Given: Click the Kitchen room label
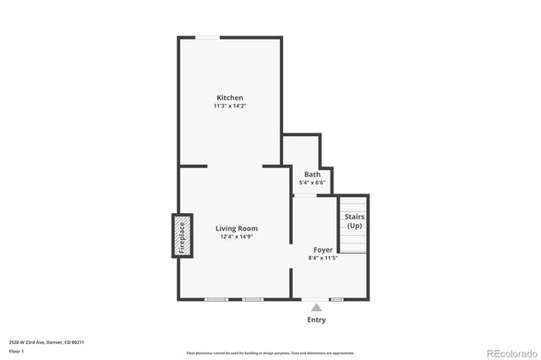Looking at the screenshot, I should click(230, 98).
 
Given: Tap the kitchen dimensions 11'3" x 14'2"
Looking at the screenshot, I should click(230, 106).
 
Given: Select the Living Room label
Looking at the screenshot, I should click(236, 228).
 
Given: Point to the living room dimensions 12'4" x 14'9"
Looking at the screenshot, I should click(236, 237).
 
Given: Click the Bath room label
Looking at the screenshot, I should click(312, 175).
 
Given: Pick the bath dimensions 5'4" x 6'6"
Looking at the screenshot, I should click(312, 183).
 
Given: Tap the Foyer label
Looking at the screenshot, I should click(323, 249).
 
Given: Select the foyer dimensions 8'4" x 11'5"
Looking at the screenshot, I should click(323, 258).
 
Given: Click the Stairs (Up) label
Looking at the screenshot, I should click(354, 221).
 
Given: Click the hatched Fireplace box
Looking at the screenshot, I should click(180, 236).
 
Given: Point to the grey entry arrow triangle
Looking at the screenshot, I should click(316, 308).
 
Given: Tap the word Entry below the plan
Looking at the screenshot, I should click(316, 320).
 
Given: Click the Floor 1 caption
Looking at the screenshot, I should click(16, 350).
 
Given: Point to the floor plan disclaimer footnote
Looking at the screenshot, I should click(270, 353).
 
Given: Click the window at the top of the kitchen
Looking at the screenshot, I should click(207, 37).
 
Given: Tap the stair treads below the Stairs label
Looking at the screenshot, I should click(354, 242).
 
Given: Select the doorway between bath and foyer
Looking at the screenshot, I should click(304, 196).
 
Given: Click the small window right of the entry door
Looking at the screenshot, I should click(336, 299).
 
